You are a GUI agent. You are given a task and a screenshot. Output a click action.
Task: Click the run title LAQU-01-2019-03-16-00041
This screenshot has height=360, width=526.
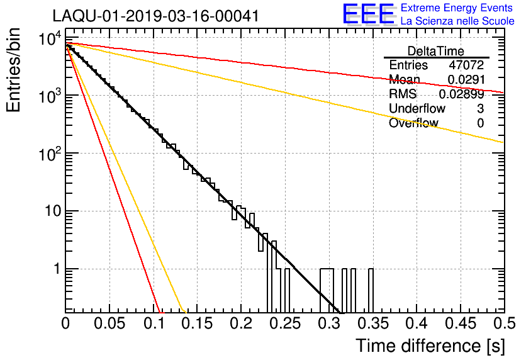pos(155,16)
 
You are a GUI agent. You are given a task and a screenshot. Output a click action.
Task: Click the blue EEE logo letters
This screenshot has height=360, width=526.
pos(369,14)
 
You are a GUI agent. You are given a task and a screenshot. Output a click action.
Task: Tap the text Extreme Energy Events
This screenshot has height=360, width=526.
pos(457,8)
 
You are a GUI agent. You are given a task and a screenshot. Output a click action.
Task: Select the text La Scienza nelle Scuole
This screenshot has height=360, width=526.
pos(457,21)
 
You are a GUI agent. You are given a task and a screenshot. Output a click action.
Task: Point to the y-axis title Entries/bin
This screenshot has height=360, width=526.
pos(13,70)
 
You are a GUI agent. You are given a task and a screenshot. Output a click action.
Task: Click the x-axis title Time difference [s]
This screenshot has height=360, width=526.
pos(430,346)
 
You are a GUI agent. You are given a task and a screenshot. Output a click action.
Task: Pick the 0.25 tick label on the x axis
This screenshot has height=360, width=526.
pos(286,323)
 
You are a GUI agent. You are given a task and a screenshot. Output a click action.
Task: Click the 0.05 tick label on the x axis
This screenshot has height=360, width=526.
pos(109,323)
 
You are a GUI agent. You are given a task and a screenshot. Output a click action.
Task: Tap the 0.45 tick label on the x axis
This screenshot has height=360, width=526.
pos(461,323)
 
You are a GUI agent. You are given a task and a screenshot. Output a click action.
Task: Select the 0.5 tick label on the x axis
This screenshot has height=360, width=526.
pos(504,323)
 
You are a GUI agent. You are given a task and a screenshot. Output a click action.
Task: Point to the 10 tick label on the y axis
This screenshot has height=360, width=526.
pos(52,211)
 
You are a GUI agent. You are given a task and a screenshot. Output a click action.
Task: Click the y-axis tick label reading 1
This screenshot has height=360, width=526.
pos(57,269)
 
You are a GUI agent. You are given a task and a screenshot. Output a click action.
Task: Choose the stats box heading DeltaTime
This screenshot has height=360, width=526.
pos(436,51)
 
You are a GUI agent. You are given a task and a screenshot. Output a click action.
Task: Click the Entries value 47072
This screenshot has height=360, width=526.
pos(467,65)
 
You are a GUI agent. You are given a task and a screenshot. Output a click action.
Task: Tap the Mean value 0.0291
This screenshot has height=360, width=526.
pos(466,79)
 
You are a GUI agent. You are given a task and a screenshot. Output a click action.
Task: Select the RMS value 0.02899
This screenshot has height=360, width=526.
pos(462,94)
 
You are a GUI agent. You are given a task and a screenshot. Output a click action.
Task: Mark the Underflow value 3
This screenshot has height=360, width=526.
pos(480,108)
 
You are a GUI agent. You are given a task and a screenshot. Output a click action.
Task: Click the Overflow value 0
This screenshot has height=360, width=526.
pos(480,123)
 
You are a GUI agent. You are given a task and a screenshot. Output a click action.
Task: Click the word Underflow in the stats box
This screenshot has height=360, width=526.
pos(417,108)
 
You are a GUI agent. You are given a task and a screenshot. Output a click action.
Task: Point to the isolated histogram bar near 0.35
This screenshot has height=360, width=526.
pos(371,290)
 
